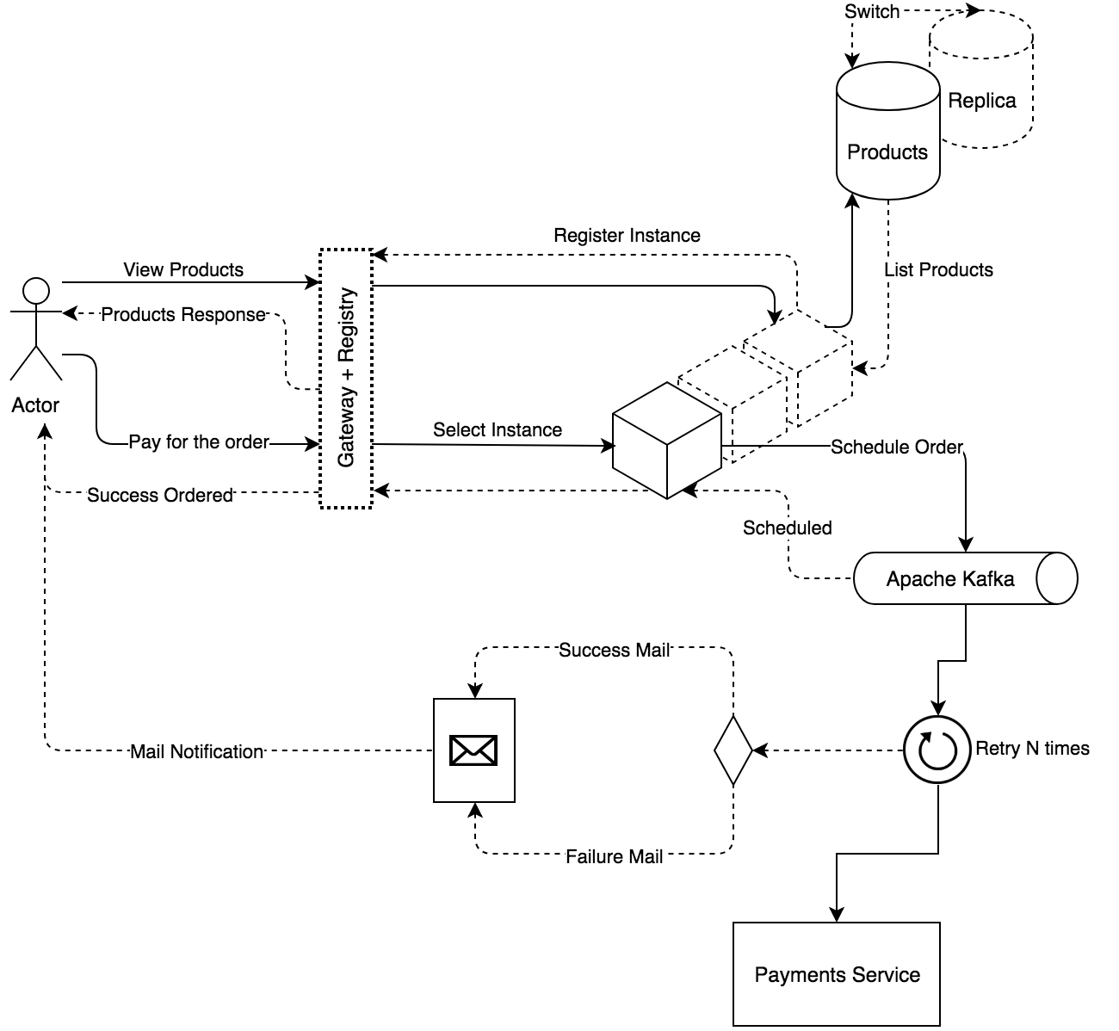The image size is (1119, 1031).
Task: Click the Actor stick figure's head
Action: pyautogui.click(x=35, y=290)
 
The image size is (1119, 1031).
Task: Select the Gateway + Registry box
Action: pyautogui.click(x=346, y=379)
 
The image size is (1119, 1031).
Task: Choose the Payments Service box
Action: pyautogui.click(x=836, y=974)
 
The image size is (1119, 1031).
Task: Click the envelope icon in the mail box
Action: pyautogui.click(x=473, y=750)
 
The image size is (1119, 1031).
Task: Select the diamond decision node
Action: pyautogui.click(x=733, y=750)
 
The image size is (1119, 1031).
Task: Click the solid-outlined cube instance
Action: pyautogui.click(x=666, y=441)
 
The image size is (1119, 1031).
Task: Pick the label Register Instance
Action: pyautogui.click(x=627, y=236)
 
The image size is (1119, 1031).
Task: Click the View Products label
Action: pyautogui.click(x=183, y=270)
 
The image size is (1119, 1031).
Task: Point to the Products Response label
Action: pyautogui.click(x=183, y=315)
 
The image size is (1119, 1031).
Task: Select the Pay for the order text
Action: pyautogui.click(x=199, y=442)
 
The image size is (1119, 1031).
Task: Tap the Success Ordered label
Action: pyautogui.click(x=160, y=496)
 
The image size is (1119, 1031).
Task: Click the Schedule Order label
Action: pyautogui.click(x=896, y=448)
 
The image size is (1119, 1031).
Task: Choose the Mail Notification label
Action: pyautogui.click(x=196, y=752)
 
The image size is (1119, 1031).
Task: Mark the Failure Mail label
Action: pyautogui.click(x=614, y=857)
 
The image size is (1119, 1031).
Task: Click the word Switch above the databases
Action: pyautogui.click(x=871, y=12)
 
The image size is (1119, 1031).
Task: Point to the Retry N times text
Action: pyautogui.click(x=1032, y=749)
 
